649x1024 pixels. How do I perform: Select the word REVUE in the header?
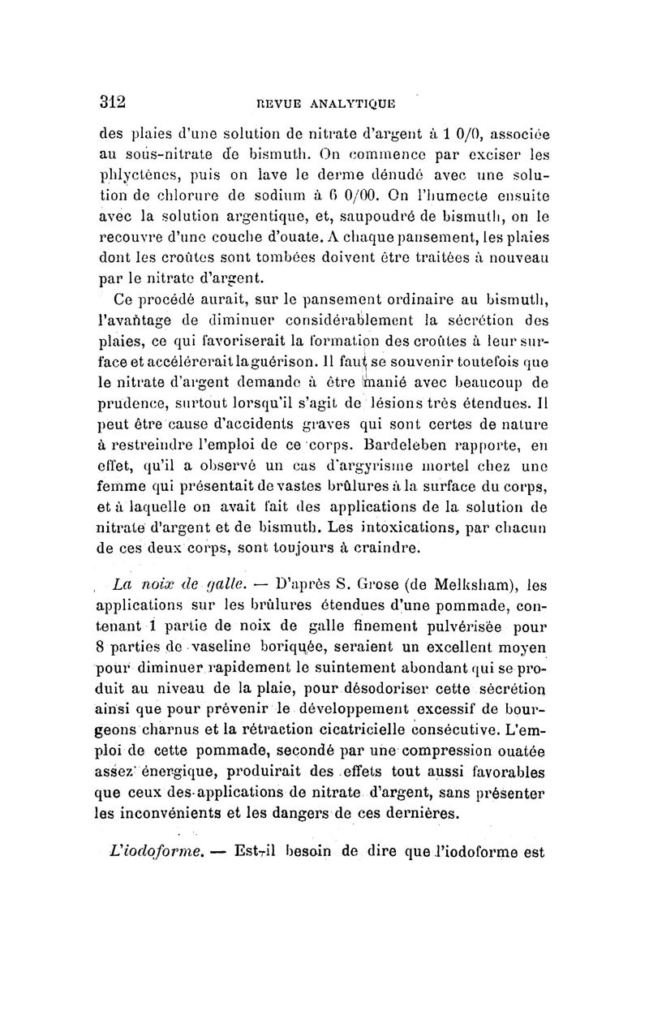pos(277,103)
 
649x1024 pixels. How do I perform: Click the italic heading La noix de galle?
pos(162,583)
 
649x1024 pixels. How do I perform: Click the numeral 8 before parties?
pos(101,648)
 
